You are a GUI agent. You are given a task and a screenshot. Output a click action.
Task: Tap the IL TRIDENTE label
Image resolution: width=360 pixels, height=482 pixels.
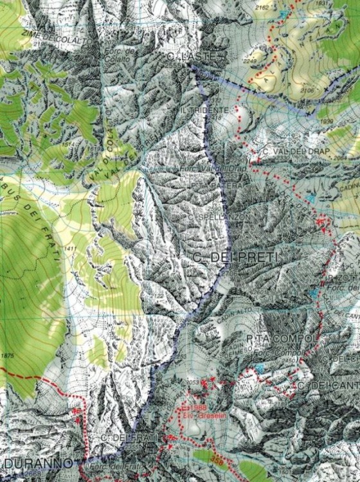[x=204, y=111]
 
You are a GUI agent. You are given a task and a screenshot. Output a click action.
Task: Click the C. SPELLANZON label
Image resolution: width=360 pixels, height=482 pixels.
[x=215, y=217]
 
